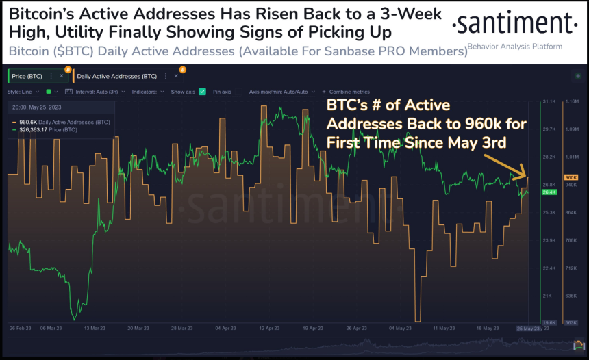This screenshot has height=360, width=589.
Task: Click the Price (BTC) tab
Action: [28, 76]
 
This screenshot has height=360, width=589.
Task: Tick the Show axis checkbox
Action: [202, 91]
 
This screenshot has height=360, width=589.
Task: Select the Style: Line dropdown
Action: [25, 91]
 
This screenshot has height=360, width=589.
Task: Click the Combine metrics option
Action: [349, 91]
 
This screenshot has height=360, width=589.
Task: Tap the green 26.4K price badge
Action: [549, 192]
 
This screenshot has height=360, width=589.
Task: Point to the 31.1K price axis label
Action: [549, 101]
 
